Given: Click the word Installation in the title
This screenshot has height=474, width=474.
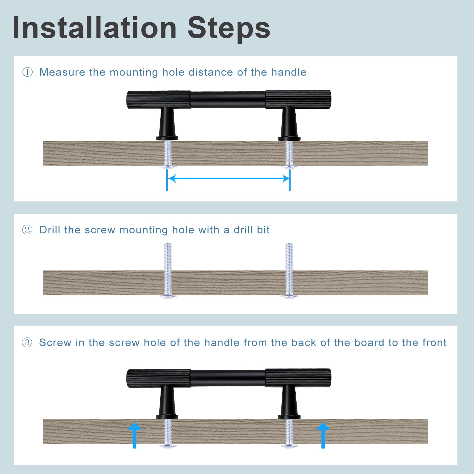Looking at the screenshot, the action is point(95,28).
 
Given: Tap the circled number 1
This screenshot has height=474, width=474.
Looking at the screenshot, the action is point(28,72).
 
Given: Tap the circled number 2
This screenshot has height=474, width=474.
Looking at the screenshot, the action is point(27,230).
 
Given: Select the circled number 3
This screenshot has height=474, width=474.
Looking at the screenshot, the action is point(27,342).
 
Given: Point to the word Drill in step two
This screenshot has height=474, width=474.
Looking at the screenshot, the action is point(50,230).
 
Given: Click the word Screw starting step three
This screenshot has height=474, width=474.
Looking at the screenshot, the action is point(55,343).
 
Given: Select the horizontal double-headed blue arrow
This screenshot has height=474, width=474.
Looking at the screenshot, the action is point(228,178).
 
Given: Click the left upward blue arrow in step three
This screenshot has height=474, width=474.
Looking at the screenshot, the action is point(134,435).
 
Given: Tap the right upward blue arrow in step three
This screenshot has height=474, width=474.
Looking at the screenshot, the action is point(323,435).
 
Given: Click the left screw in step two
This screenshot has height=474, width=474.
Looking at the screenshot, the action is point(168,270).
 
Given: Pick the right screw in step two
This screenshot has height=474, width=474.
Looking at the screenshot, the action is point(289,270).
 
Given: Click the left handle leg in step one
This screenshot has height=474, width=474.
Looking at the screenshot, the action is point(167,123).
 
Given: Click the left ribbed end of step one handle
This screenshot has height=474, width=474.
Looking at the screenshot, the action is point(159,100).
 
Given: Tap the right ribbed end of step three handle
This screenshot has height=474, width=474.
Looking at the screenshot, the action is point(298,378).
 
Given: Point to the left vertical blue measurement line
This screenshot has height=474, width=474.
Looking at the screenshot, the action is point(167,180).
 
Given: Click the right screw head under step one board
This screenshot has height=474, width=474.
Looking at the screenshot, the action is point(289,167).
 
